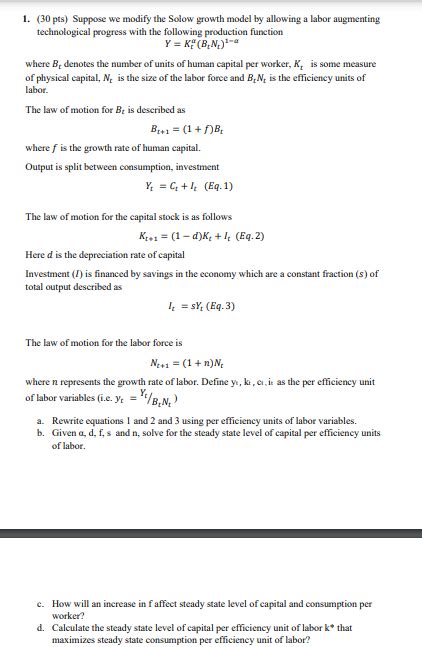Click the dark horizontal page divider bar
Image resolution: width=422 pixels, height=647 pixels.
pyautogui.click(x=211, y=538)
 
